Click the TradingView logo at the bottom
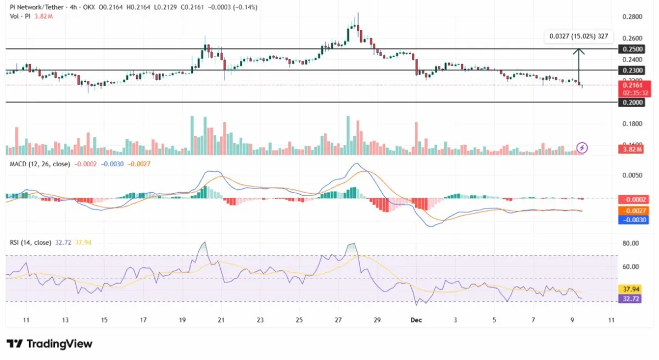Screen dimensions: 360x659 [x=50, y=344]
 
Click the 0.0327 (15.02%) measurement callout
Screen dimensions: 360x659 [x=579, y=37]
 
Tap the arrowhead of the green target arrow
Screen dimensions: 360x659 [x=579, y=52]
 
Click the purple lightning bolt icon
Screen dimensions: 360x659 [x=583, y=148]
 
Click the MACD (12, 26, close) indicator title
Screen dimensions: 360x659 [x=40, y=164]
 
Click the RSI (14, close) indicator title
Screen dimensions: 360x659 [x=31, y=242]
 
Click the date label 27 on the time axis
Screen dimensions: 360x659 [x=338, y=320]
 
